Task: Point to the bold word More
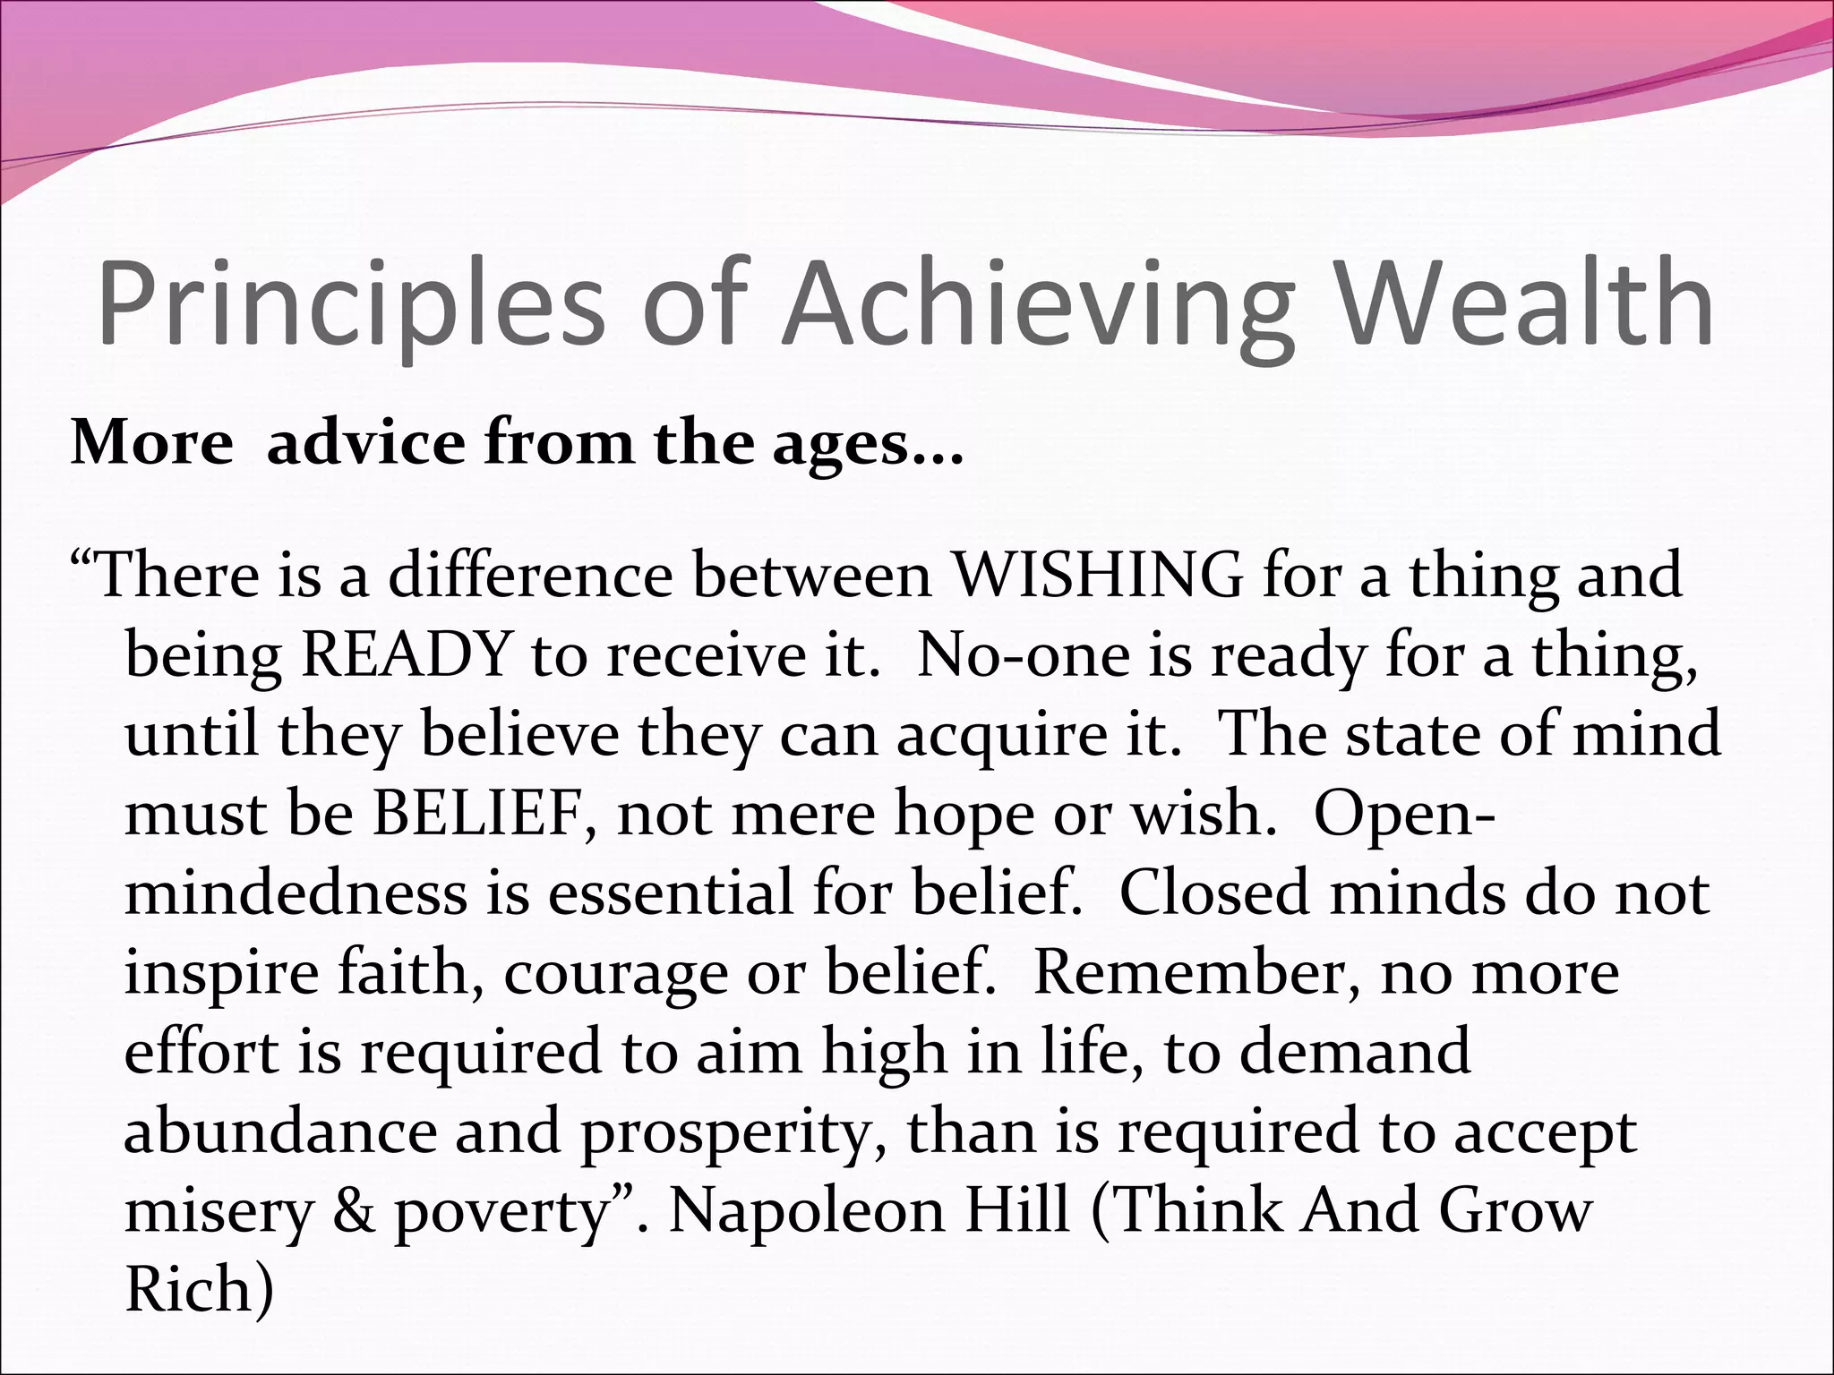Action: click(x=151, y=442)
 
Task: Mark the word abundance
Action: click(x=279, y=1132)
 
